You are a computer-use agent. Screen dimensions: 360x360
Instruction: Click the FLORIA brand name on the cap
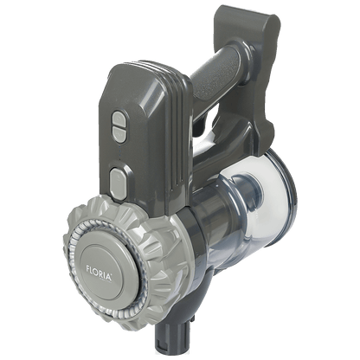99,273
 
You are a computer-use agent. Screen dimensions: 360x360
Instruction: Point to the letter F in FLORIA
87,268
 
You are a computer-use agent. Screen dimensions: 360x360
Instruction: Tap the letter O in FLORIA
97,272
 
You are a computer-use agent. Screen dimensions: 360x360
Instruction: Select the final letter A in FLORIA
108,277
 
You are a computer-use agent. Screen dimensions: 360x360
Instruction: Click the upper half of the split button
119,119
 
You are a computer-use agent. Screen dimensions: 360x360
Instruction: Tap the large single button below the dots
119,183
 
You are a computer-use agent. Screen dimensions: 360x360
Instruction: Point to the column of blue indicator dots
119,153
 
